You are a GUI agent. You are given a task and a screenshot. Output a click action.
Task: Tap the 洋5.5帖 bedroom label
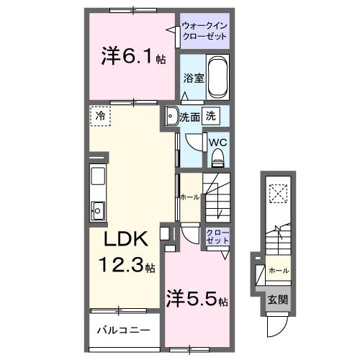point(198,297)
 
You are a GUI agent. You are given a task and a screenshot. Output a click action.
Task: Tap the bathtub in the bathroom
point(217,79)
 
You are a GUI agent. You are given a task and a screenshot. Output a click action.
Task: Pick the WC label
point(217,142)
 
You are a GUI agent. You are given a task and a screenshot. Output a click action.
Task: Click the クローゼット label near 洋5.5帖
point(217,238)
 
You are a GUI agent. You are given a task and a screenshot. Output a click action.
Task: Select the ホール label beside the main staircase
point(189,197)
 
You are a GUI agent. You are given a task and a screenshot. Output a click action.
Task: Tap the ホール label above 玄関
point(279,270)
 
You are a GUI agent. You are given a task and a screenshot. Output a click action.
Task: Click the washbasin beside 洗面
point(171,117)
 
